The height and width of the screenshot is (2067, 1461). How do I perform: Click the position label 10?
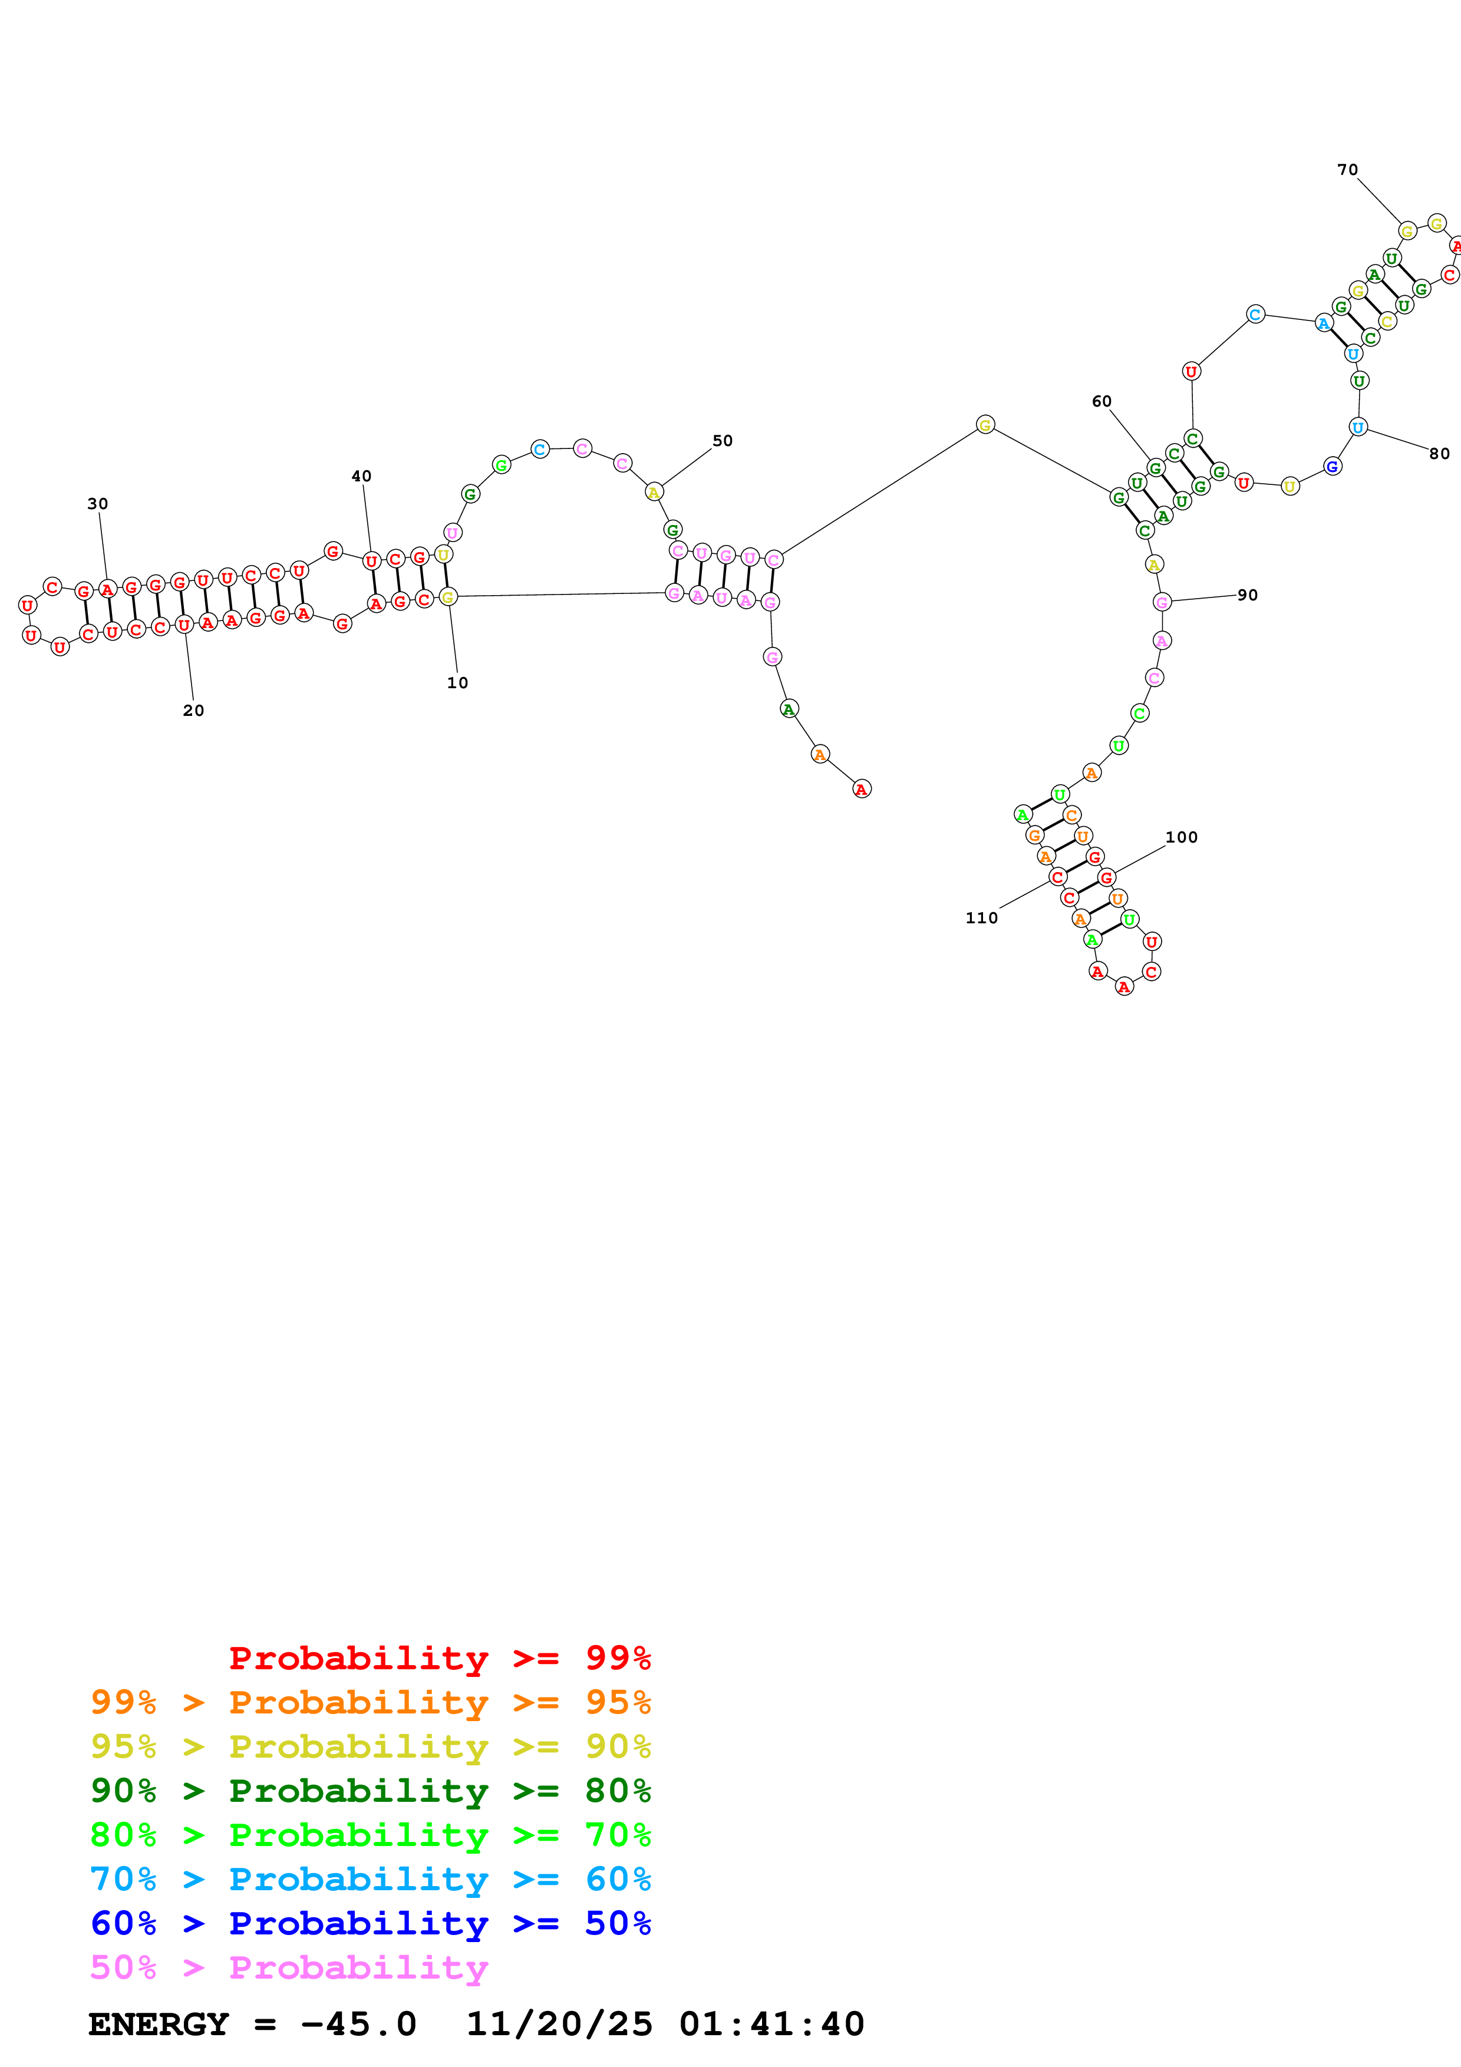point(457,684)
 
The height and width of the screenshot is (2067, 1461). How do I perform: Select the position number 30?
point(97,504)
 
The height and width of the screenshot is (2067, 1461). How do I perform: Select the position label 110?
point(981,918)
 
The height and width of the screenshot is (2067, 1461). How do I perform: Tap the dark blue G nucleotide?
point(1333,466)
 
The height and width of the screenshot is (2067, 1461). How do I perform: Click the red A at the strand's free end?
point(862,790)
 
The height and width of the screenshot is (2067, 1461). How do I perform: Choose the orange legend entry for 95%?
point(370,1702)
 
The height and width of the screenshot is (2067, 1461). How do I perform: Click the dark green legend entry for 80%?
point(370,1791)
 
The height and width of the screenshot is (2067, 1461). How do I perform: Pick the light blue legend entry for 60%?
point(370,1879)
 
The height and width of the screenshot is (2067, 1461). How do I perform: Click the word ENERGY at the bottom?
point(159,2025)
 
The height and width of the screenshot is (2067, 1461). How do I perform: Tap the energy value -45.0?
point(358,2025)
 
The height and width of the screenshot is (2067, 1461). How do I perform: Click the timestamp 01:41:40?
point(771,2025)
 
